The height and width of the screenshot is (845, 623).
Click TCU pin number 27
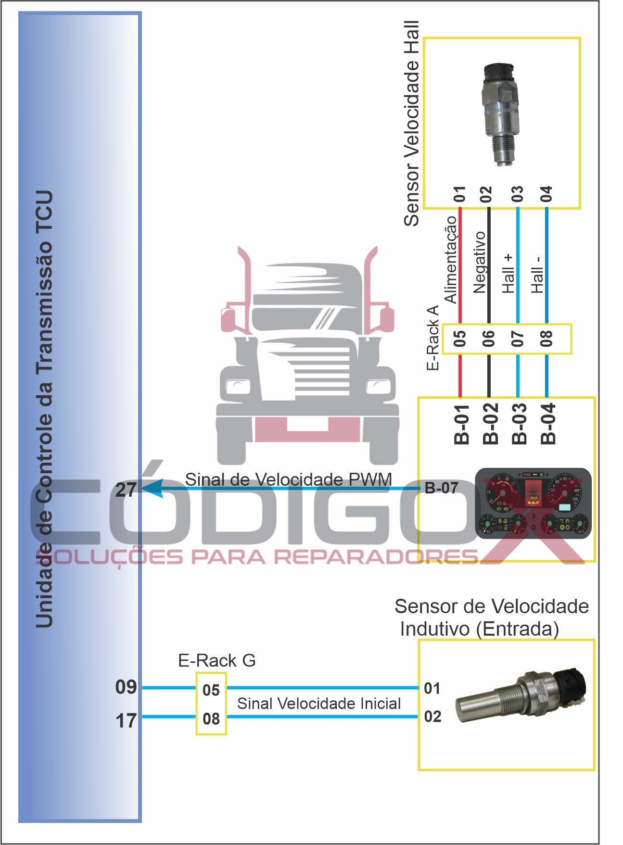(x=126, y=490)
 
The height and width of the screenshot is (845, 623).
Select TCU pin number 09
(x=126, y=687)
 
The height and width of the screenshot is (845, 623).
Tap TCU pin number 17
(x=126, y=720)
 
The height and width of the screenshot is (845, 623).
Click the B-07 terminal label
(x=441, y=488)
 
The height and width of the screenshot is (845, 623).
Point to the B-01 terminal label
(x=461, y=424)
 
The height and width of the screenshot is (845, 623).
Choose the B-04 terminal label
(x=548, y=424)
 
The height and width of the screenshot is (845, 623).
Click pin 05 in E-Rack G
(x=211, y=690)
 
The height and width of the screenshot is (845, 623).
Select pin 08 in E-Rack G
(x=211, y=719)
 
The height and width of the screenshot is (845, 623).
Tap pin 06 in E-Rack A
(x=489, y=339)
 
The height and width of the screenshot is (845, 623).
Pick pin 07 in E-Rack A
(x=518, y=339)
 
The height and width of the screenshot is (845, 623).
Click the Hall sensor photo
(x=501, y=114)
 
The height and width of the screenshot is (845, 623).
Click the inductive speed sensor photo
(x=521, y=696)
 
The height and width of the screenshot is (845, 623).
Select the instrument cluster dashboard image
(x=533, y=503)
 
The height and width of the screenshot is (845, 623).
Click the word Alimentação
(x=450, y=260)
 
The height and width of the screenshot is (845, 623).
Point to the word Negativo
(x=480, y=263)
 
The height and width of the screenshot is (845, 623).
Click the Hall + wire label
(x=509, y=274)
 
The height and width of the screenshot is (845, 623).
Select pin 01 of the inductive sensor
(x=432, y=688)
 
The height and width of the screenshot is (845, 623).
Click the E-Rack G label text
(x=216, y=661)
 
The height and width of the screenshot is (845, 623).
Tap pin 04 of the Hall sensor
(x=546, y=194)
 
